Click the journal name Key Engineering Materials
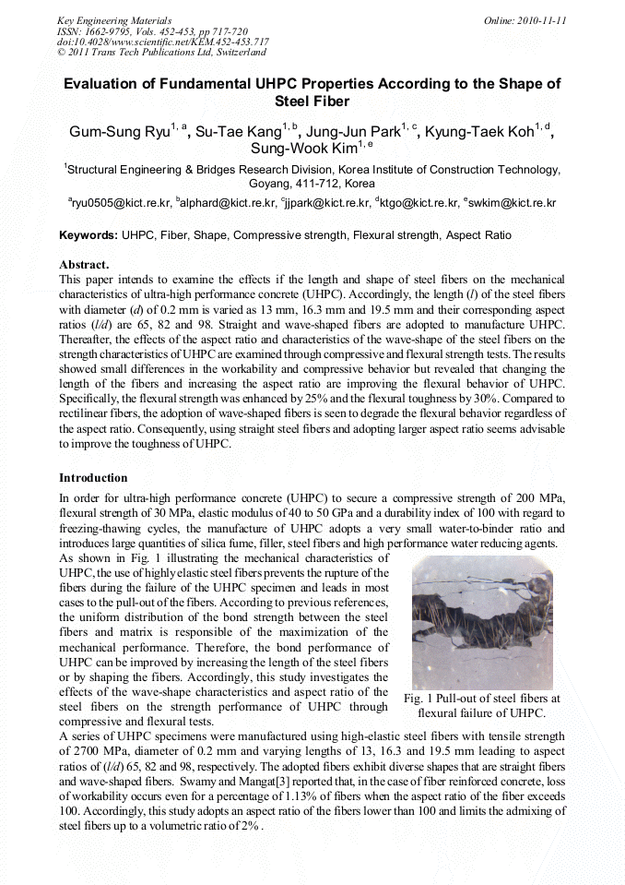pyautogui.click(x=113, y=19)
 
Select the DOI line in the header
pyautogui.click(x=162, y=42)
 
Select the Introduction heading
pyautogui.click(x=93, y=478)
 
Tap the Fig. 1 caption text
pyautogui.click(x=481, y=706)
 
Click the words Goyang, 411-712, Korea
pyautogui.click(x=313, y=184)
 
